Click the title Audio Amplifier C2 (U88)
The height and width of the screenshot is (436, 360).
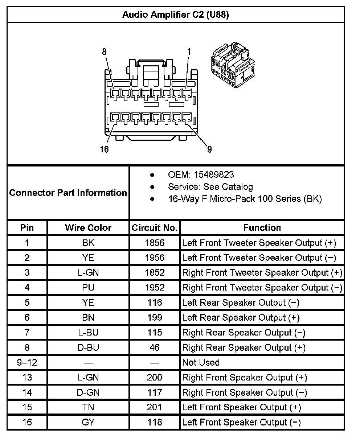(175, 15)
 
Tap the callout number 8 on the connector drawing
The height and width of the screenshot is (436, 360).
(105, 52)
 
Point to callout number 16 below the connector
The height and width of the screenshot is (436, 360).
(104, 149)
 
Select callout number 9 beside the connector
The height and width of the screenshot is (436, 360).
(209, 149)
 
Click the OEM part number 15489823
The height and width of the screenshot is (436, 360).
(214, 175)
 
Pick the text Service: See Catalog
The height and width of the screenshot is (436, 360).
(210, 187)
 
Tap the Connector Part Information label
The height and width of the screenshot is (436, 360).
(68, 193)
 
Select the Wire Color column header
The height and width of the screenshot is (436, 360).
(88, 228)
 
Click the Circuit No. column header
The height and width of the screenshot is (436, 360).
(155, 228)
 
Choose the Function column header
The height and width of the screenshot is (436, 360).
(262, 228)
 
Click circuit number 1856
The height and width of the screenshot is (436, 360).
(155, 243)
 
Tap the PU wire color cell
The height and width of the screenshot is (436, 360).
(88, 288)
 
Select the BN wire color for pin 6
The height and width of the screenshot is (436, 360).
(88, 318)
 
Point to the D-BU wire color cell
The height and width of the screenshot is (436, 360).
(88, 347)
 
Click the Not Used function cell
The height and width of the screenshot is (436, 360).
(201, 362)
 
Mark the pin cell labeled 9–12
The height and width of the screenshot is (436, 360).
(27, 362)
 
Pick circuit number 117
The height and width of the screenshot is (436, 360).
(155, 392)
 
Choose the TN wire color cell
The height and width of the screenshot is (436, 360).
(88, 407)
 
